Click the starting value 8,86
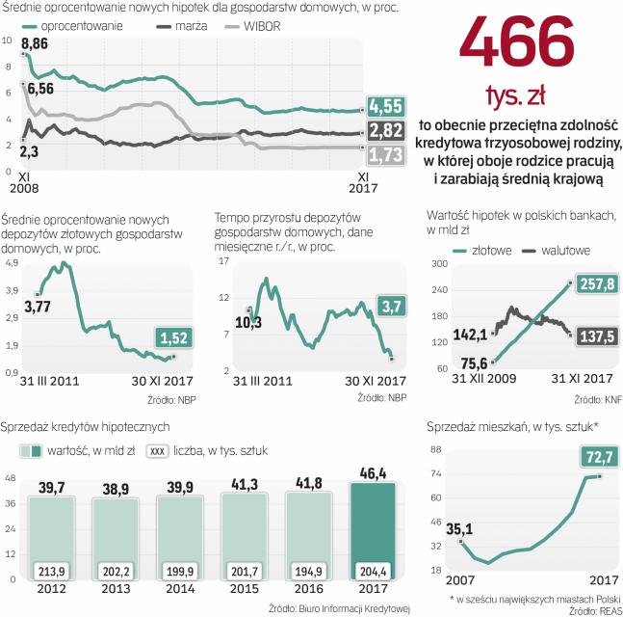tap(34, 45)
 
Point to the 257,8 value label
tap(597, 283)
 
